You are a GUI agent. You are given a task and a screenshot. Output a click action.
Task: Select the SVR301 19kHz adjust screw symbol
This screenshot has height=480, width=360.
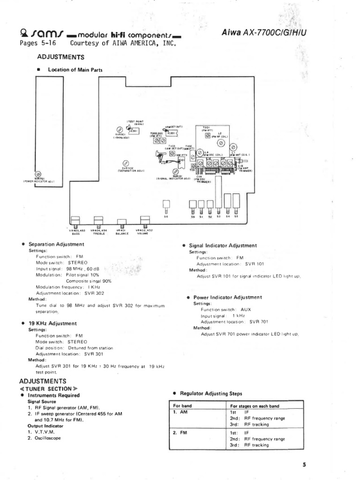(x=120, y=129)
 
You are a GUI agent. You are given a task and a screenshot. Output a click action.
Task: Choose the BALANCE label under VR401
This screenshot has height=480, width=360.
(x=121, y=233)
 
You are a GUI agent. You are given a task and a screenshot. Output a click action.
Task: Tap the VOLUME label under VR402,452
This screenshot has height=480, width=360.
(x=144, y=233)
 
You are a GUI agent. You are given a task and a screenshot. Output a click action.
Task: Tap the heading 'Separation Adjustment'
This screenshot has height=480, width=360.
(x=56, y=244)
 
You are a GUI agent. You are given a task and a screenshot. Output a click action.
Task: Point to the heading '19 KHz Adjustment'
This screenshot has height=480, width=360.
(x=52, y=323)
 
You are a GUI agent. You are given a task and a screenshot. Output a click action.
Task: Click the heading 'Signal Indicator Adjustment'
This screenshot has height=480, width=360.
(x=223, y=245)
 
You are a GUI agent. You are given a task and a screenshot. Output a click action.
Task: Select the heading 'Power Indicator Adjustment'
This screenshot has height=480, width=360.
(x=227, y=297)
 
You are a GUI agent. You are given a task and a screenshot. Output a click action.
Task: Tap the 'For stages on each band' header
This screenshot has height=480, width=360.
(x=255, y=405)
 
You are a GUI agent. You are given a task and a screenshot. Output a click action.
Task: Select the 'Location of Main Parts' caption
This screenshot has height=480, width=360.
(x=75, y=70)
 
